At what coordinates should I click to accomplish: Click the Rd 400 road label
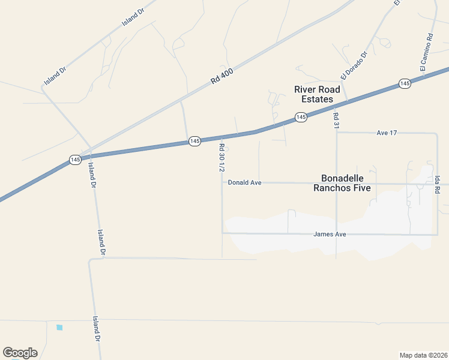click(x=222, y=75)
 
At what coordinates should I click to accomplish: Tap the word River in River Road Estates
click(x=305, y=89)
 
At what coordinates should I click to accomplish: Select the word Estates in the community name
click(x=317, y=99)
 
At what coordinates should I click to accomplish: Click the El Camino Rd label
click(x=426, y=53)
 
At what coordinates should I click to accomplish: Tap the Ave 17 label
click(x=387, y=132)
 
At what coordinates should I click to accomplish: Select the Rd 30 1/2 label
click(x=221, y=158)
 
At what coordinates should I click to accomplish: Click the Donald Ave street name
click(x=244, y=182)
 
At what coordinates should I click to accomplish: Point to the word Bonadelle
click(x=346, y=178)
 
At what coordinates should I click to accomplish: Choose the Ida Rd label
click(x=438, y=184)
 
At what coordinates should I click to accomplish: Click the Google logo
click(x=20, y=352)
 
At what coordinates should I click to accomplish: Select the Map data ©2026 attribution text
click(x=423, y=355)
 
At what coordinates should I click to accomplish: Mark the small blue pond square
click(x=59, y=327)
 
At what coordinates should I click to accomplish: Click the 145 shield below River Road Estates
click(x=301, y=117)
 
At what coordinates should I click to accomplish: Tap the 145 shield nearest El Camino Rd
click(x=405, y=83)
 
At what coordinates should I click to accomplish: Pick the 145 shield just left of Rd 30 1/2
click(x=194, y=141)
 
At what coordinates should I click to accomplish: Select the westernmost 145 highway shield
click(x=74, y=160)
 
